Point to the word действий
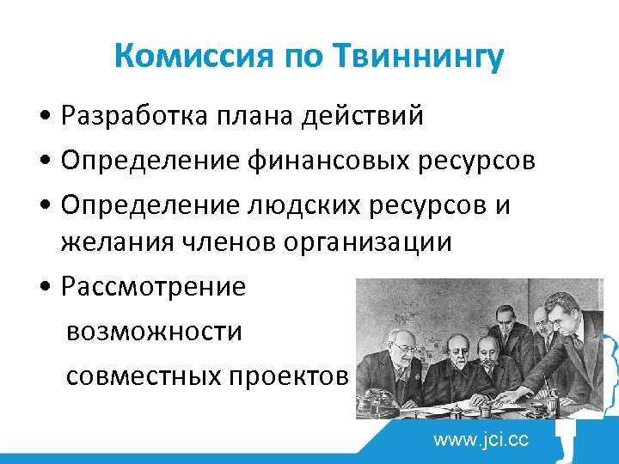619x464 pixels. tap(363, 116)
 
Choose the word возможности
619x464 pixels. tap(154, 331)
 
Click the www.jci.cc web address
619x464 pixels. tap(481, 440)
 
